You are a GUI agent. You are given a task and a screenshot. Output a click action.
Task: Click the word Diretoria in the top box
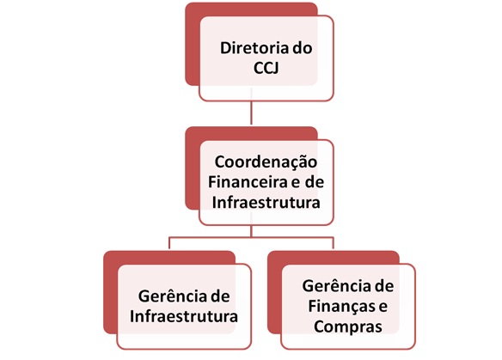[254, 48]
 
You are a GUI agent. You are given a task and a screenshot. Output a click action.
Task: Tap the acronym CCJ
[266, 68]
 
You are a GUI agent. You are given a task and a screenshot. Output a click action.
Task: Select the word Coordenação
[266, 162]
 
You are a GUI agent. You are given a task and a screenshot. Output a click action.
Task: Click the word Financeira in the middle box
[246, 182]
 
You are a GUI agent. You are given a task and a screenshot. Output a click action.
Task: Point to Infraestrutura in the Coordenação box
[266, 202]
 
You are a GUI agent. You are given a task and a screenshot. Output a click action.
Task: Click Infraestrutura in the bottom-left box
[184, 316]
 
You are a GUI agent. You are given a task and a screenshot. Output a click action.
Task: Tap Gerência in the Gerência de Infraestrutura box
[169, 296]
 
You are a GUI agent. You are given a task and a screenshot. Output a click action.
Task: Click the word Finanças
[340, 307]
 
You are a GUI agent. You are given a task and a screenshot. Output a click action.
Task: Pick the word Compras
[348, 327]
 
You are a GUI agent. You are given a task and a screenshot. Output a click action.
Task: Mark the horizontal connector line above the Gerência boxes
[251, 238]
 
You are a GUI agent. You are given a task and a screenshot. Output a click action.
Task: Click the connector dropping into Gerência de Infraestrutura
[169, 243]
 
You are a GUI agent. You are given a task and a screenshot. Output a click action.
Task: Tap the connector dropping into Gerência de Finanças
[334, 243]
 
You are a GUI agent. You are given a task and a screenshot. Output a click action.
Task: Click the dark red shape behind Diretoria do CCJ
[193, 45]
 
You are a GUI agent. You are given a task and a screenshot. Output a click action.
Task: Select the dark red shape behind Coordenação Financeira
[193, 169]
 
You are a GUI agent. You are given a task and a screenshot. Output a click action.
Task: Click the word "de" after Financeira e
[315, 182]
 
